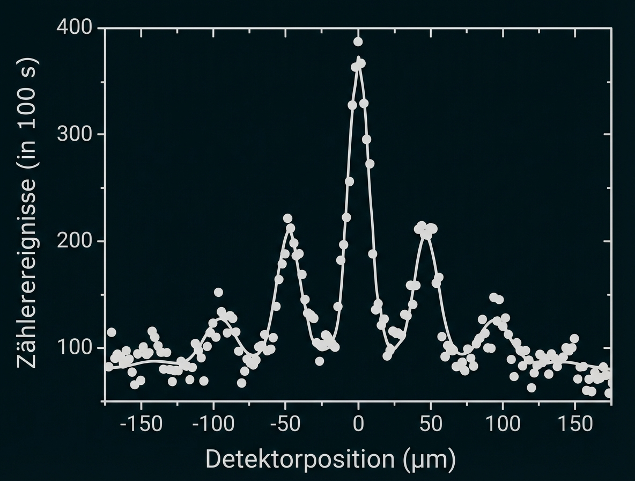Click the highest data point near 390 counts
[358, 42]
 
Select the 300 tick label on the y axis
[73, 134]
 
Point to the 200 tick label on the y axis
[73, 241]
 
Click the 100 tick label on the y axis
[73, 348]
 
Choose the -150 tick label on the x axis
[141, 424]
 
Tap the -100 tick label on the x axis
[213, 424]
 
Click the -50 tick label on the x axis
[285, 424]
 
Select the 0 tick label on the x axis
[358, 424]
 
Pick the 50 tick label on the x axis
[431, 424]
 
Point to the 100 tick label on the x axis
[503, 424]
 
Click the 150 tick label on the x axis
[575, 424]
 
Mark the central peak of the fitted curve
[358, 58]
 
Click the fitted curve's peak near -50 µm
[290, 227]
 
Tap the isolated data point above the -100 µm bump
[218, 293]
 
